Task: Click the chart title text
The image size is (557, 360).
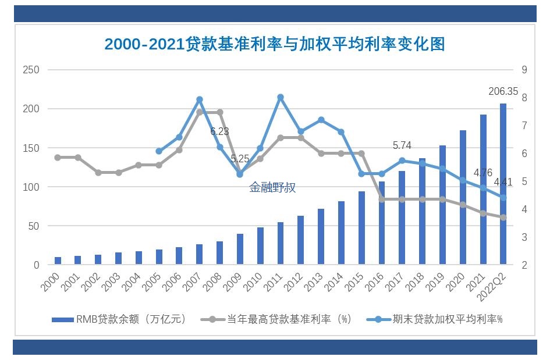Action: pyautogui.click(x=274, y=44)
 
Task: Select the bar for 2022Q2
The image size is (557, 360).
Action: pyautogui.click(x=503, y=184)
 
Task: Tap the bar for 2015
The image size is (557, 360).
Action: pyautogui.click(x=361, y=228)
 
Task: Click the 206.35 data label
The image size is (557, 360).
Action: pyautogui.click(x=503, y=91)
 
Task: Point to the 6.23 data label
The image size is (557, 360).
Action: pyautogui.click(x=219, y=132)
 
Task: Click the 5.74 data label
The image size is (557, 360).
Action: pyautogui.click(x=402, y=146)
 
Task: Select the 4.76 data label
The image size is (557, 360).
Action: pyautogui.click(x=483, y=173)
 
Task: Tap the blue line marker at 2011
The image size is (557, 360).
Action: pyautogui.click(x=280, y=97)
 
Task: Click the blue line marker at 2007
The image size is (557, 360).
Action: pyautogui.click(x=199, y=99)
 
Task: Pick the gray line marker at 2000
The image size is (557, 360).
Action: pyautogui.click(x=58, y=158)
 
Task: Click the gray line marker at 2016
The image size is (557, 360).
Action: pyautogui.click(x=382, y=199)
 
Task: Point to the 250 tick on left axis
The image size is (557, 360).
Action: pyautogui.click(x=31, y=70)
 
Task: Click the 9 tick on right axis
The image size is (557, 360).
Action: pyautogui.click(x=524, y=70)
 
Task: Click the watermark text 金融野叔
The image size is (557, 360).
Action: pyautogui.click(x=272, y=188)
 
